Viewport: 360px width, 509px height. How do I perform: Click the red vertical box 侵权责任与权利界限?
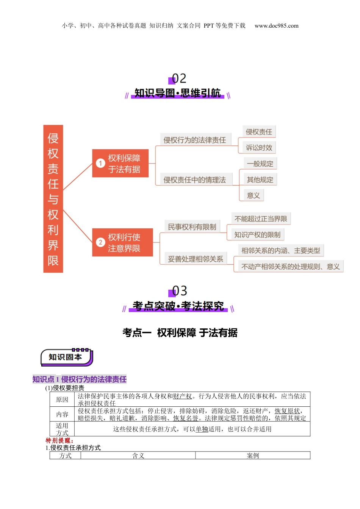(53, 199)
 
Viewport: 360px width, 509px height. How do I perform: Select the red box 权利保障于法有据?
(120, 163)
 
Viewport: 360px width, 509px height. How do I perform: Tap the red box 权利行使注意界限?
(122, 242)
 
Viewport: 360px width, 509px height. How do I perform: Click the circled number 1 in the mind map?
(100, 163)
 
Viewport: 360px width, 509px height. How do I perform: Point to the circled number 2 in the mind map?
(100, 242)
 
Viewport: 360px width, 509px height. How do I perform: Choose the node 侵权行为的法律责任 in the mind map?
(194, 140)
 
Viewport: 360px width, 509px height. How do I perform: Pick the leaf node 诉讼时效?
(259, 148)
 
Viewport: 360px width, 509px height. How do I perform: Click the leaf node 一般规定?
(260, 164)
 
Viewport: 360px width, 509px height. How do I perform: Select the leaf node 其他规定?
(260, 180)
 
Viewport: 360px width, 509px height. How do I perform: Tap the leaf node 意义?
(253, 195)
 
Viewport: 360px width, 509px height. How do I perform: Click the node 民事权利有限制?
(192, 227)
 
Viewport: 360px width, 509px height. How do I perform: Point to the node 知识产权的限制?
(257, 235)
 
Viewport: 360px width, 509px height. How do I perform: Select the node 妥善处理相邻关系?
(196, 259)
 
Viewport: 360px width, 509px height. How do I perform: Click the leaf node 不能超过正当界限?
(261, 219)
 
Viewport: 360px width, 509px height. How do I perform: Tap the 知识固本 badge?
(66, 357)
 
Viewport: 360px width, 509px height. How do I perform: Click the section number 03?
(179, 291)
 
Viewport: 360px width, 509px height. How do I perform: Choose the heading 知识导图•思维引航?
(177, 93)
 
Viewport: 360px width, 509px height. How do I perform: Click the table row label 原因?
(62, 400)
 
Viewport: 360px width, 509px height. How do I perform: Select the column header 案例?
(253, 456)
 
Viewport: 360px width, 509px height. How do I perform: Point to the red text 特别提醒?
(59, 440)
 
